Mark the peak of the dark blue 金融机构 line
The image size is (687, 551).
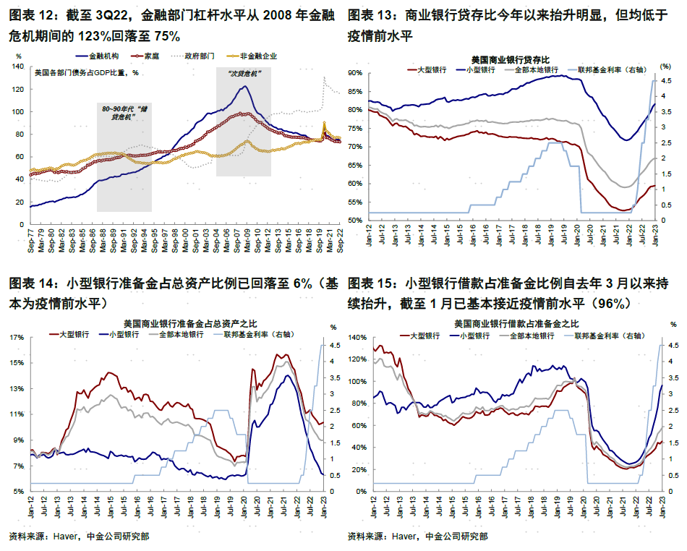pos(245,86)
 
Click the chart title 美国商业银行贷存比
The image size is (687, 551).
pos(510,59)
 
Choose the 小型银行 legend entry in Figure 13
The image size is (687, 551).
pos(479,69)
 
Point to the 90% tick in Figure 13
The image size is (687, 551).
pos(354,73)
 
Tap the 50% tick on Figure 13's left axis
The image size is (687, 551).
pos(354,220)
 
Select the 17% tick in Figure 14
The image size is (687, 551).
pos(16,337)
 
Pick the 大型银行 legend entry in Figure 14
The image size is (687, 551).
pos(73,335)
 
